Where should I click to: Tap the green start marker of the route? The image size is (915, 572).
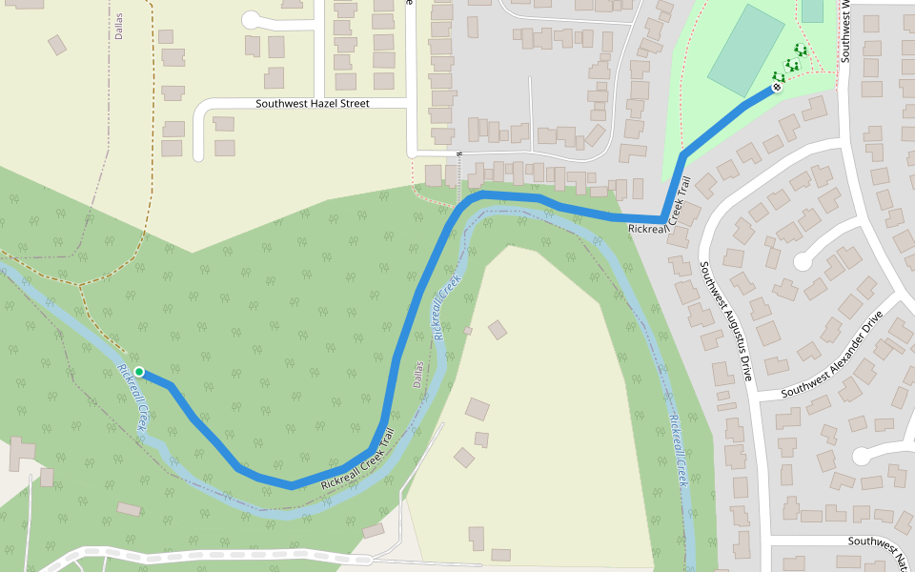139,372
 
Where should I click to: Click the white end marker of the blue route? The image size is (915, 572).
777,88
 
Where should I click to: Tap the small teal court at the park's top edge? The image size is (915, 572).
812,10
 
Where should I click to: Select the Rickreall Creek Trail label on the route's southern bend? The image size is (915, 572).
358,461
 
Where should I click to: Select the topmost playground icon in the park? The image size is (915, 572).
800,51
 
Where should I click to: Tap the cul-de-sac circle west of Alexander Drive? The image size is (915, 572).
802,257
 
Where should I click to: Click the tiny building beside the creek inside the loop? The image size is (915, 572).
468,331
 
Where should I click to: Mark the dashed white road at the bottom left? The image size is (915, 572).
191,554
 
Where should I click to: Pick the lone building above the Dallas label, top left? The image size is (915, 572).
57,45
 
